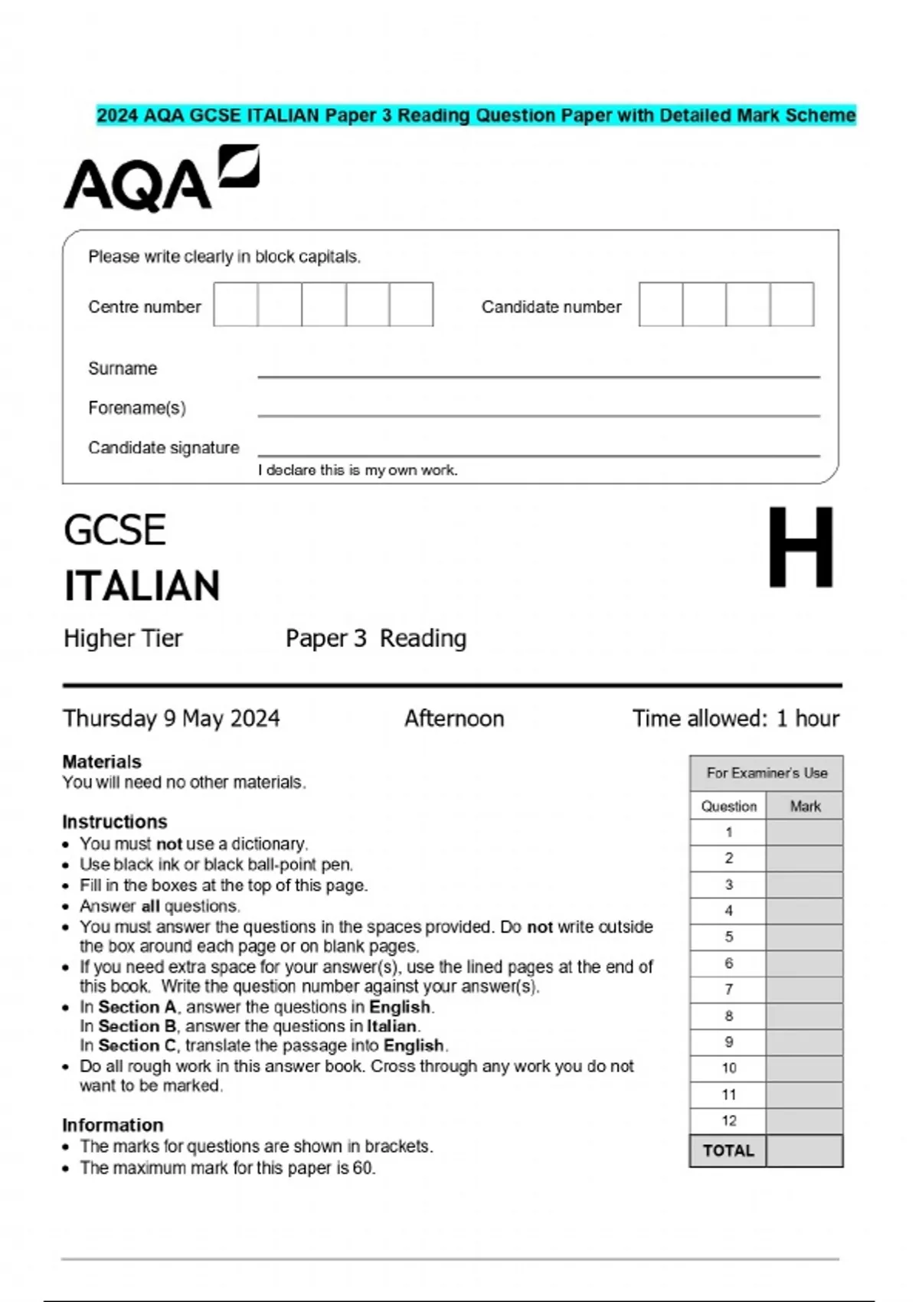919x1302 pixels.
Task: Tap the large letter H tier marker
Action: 800,548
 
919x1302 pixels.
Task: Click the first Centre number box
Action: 236,304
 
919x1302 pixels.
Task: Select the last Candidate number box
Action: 792,304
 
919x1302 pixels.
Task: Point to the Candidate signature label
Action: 163,447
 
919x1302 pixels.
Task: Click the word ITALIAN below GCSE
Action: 142,586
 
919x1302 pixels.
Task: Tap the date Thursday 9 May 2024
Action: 171,718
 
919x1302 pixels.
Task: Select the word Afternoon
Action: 454,718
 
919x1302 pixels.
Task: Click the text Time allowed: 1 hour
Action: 735,718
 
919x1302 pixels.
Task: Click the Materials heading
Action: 102,761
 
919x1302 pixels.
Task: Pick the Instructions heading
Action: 115,822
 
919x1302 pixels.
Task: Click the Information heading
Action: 113,1125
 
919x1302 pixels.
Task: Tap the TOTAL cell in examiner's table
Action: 728,1150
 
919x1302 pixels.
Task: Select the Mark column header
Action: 805,806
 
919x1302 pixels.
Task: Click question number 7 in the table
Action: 728,990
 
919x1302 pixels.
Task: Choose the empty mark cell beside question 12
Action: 804,1120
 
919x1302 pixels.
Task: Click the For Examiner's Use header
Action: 767,773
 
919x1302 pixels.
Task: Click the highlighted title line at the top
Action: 476,116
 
